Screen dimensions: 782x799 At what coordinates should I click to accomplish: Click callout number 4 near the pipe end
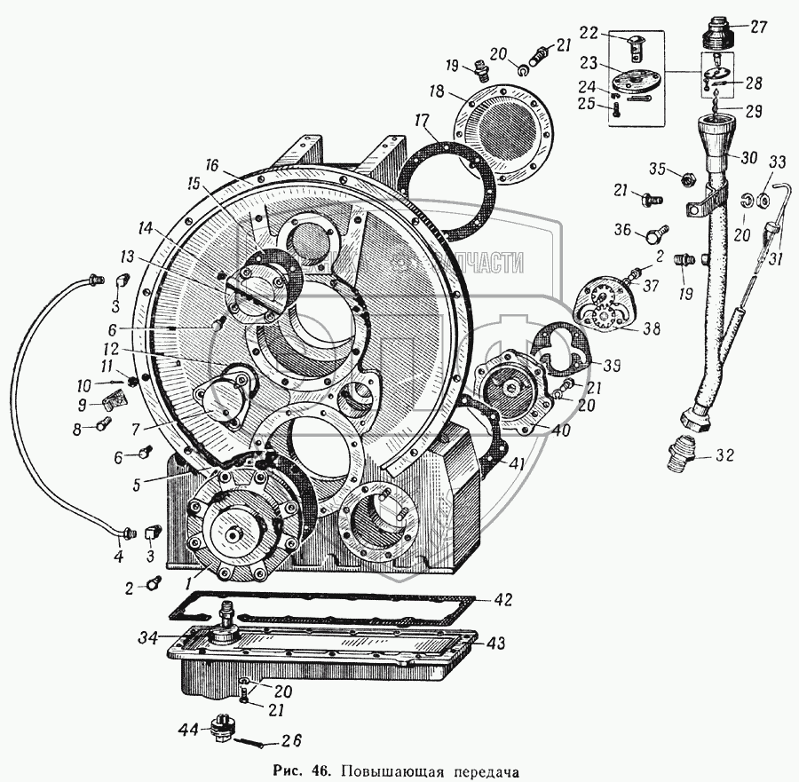(x=116, y=558)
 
